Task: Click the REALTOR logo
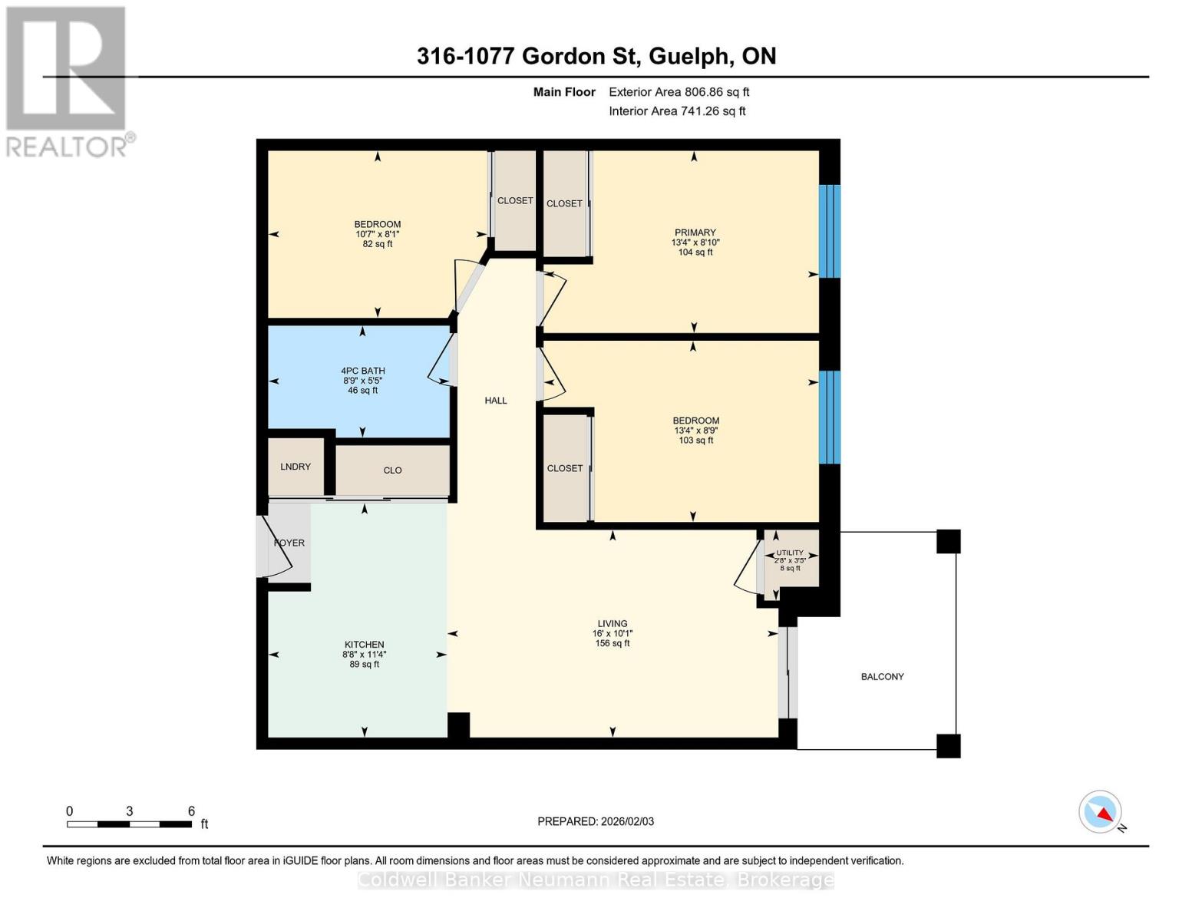pos(67,81)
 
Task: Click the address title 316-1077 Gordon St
pos(596,56)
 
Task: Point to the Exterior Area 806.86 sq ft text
pos(679,92)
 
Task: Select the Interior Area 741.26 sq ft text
pos(677,111)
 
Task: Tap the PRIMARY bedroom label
pos(695,233)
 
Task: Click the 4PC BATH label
pos(363,371)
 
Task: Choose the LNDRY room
pos(296,467)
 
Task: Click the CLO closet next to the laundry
pos(392,470)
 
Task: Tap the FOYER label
pos(289,543)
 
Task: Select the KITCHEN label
pos(364,645)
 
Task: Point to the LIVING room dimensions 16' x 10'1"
pos(612,634)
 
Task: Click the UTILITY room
pos(790,560)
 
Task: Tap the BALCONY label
pos(882,677)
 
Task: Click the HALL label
pos(496,401)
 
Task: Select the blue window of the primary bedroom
pos(830,231)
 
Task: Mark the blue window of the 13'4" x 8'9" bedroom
pos(830,418)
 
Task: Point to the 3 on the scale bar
pos(130,811)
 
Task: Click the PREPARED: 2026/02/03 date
pos(596,821)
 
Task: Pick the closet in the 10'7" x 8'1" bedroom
pos(514,200)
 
